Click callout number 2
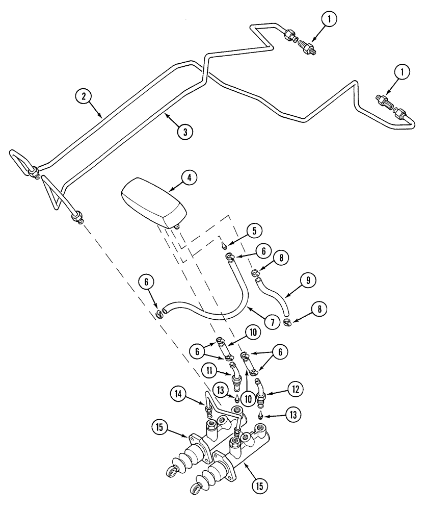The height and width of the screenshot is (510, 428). click(84, 95)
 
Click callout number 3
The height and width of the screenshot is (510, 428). click(185, 132)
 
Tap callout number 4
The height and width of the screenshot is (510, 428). click(188, 178)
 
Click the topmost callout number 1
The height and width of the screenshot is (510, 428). click(330, 20)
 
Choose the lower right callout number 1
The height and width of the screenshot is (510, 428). click(403, 73)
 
